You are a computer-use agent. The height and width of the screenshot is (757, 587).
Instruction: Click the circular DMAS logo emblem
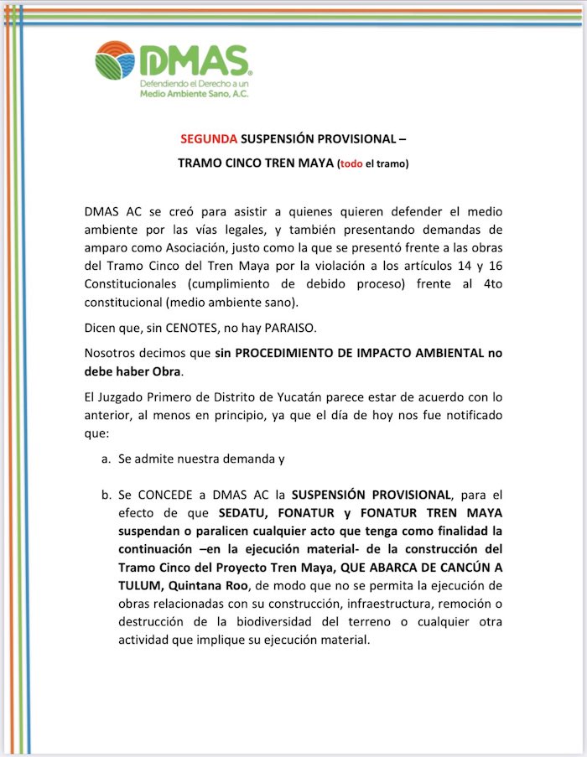[115, 61]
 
